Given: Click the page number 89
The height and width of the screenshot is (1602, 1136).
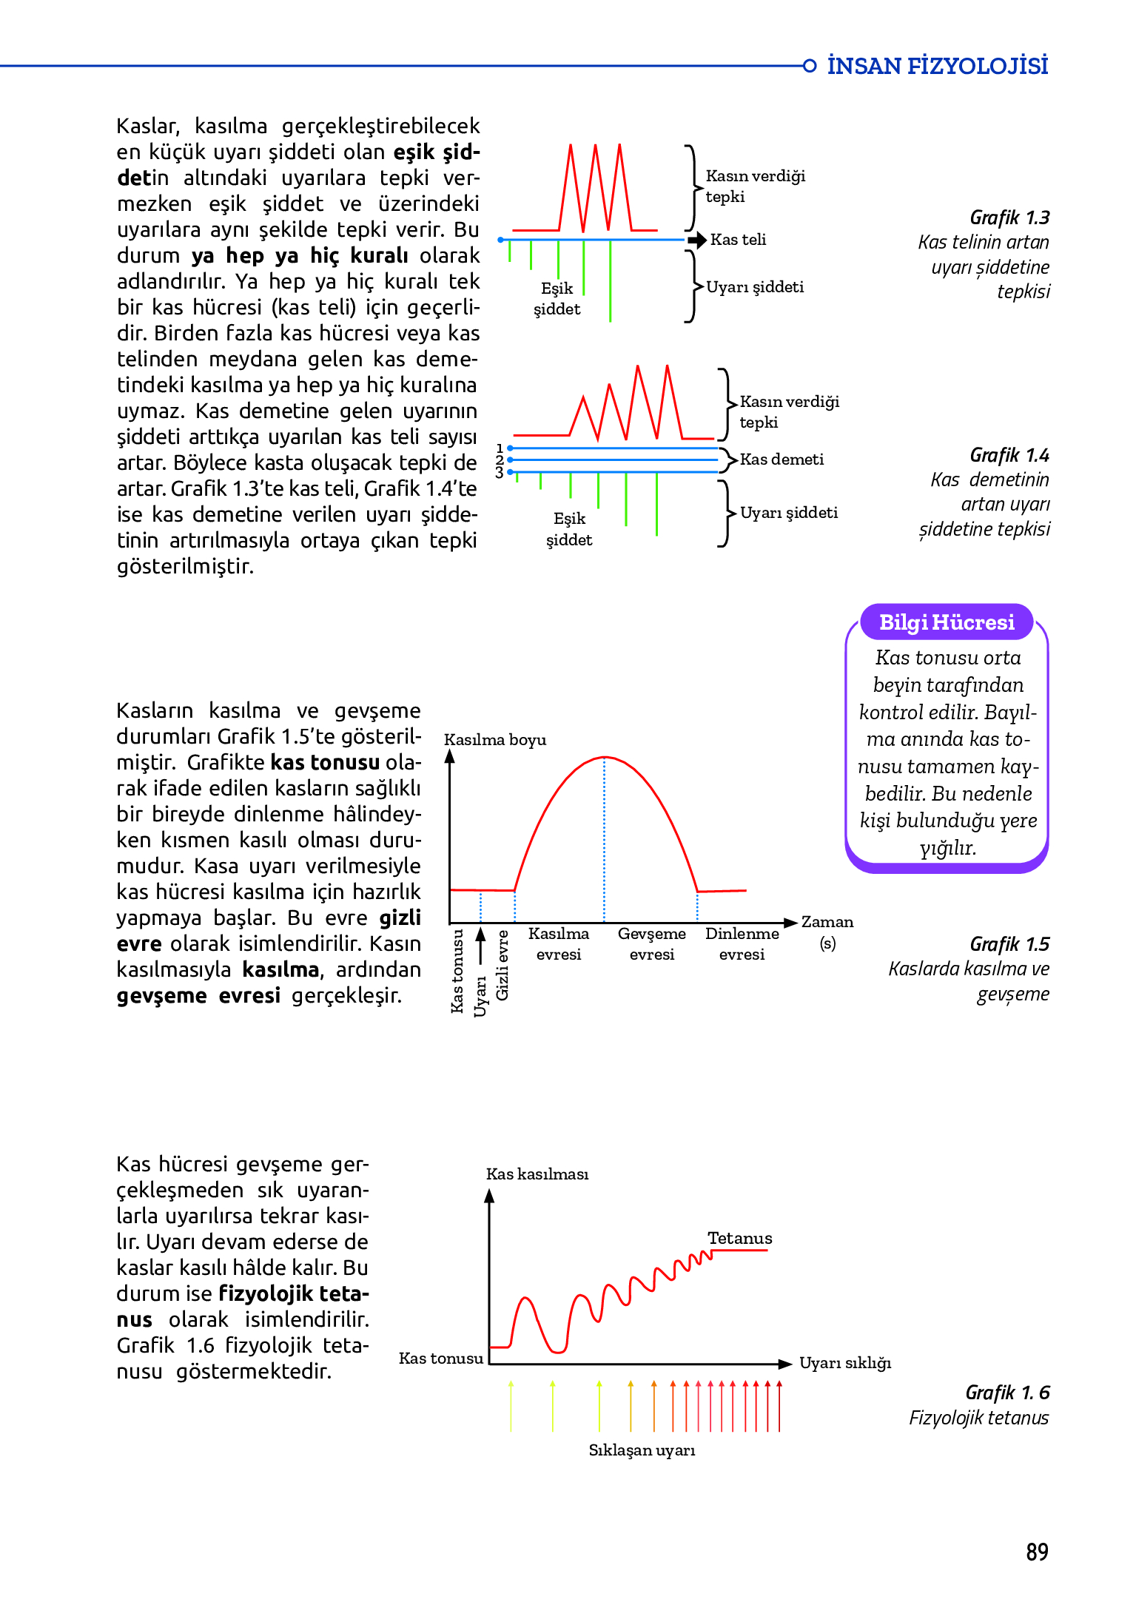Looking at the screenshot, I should pyautogui.click(x=1037, y=1551).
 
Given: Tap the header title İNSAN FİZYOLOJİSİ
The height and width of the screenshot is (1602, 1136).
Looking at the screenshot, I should pyautogui.click(x=937, y=66).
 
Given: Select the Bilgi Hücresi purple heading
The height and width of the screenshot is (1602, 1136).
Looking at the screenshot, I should pyautogui.click(x=946, y=622).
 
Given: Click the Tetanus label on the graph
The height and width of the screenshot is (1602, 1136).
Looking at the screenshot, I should pyautogui.click(x=739, y=1238).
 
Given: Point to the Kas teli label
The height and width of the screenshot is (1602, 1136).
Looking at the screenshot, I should pyautogui.click(x=738, y=240).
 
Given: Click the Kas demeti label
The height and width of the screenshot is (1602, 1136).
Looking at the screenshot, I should pyautogui.click(x=782, y=460).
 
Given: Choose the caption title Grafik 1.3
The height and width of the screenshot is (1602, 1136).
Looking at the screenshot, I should pyautogui.click(x=1009, y=218).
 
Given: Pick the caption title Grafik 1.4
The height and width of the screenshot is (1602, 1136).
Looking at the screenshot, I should pyautogui.click(x=1009, y=455).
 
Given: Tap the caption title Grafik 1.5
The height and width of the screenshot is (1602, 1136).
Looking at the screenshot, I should pyautogui.click(x=1009, y=944).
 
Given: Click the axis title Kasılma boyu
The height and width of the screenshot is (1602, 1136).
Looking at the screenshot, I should pyautogui.click(x=495, y=740).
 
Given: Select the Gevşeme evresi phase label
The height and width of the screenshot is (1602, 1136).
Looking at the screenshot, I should pyautogui.click(x=651, y=943).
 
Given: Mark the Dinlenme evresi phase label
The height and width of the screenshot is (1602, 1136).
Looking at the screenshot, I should pyautogui.click(x=742, y=943).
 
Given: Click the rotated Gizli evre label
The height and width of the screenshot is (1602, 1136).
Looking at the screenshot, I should pyautogui.click(x=503, y=965).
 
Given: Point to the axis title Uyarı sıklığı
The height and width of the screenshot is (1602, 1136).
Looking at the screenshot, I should pyautogui.click(x=845, y=1363).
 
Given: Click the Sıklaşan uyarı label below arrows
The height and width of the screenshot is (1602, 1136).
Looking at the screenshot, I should pyautogui.click(x=642, y=1450).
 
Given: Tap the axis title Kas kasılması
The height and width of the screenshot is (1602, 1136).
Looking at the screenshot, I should pyautogui.click(x=537, y=1174).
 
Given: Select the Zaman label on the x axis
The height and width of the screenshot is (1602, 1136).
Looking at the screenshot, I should pyautogui.click(x=827, y=922).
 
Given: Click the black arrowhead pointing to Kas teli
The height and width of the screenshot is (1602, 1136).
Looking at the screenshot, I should pyautogui.click(x=697, y=240).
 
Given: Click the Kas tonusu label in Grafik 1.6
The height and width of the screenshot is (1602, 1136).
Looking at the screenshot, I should pyautogui.click(x=440, y=1359).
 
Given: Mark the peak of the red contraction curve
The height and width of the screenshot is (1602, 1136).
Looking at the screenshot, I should pyautogui.click(x=605, y=757).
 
